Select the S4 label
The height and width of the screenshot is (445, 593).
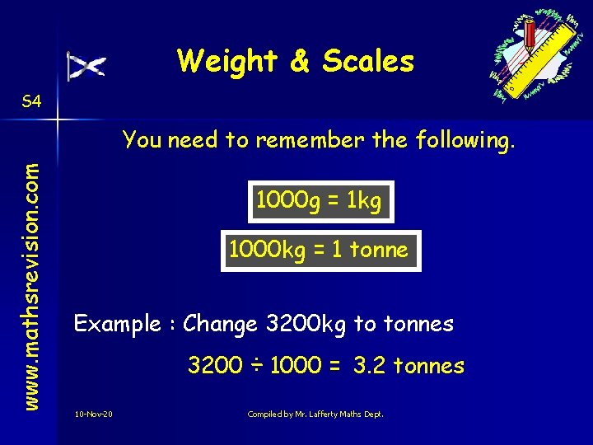coord(31,102)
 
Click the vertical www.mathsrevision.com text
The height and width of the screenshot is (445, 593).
coord(30,273)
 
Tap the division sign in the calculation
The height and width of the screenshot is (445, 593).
coord(255,366)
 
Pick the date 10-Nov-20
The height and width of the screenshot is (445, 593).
coord(93,413)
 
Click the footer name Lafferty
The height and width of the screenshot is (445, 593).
coord(320,413)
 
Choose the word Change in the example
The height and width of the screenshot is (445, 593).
coord(220,324)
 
